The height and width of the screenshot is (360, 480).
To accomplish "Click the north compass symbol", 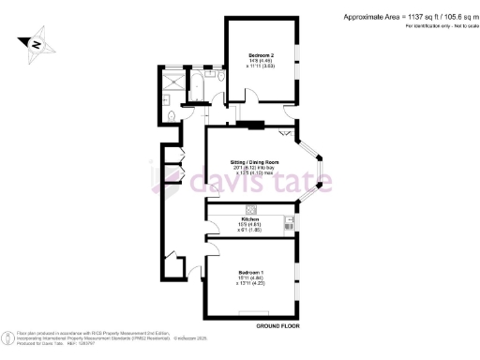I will pyautogui.click(x=35, y=43).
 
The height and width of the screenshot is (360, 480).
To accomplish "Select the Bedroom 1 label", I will pyautogui.click(x=249, y=272).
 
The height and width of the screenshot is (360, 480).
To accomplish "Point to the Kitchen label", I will pyautogui.click(x=250, y=218).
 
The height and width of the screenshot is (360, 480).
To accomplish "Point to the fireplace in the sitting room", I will pyautogui.click(x=251, y=124).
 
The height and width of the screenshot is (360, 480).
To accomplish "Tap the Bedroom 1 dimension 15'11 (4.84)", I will pyautogui.click(x=249, y=278).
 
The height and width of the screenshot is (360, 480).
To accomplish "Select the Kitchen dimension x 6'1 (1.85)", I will pyautogui.click(x=250, y=231).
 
